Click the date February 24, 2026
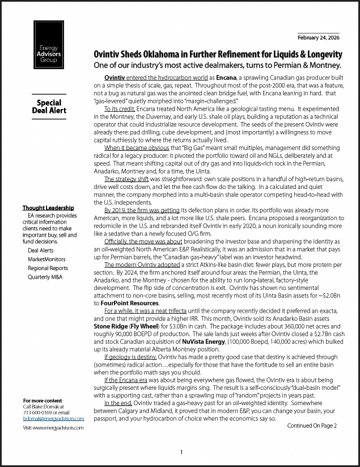tap(318, 39)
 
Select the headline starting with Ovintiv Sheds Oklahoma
tap(218, 54)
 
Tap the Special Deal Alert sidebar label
tap(49, 107)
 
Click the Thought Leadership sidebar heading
tap(48, 208)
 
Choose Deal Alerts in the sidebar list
tap(41, 250)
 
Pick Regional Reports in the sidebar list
tap(48, 268)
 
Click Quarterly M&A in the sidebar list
tap(45, 277)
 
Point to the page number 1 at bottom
tap(181, 452)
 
